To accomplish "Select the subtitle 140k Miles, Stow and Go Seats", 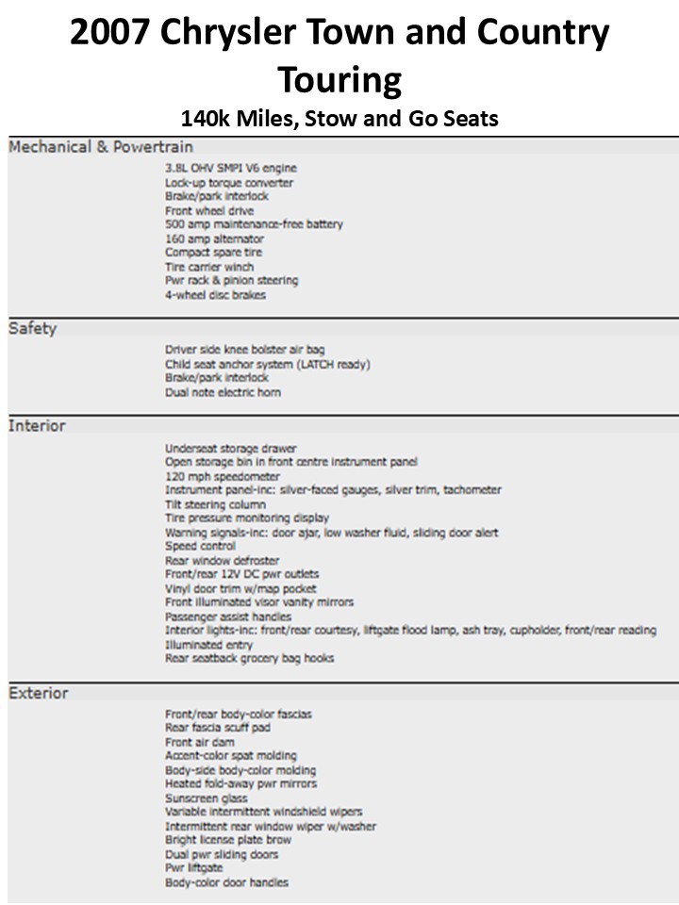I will tap(339, 119).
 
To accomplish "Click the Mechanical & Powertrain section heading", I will tap(101, 147).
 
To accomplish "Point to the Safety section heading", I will tap(33, 328).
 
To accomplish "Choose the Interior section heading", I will tap(38, 425).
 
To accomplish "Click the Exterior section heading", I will tap(39, 693).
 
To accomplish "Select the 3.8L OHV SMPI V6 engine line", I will tap(230, 168).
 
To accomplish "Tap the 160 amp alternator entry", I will tap(214, 239).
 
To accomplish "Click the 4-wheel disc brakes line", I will tap(215, 295).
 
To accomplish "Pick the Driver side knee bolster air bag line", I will tap(245, 350).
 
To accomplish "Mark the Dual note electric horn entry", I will tap(223, 392).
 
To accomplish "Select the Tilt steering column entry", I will tap(215, 504).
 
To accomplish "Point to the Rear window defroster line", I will tap(222, 560).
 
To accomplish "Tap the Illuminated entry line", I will tap(208, 645).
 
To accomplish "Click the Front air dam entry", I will tap(200, 742).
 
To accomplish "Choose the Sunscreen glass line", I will tap(207, 798).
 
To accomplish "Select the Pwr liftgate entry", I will tap(194, 868).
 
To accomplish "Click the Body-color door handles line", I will tap(226, 882).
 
